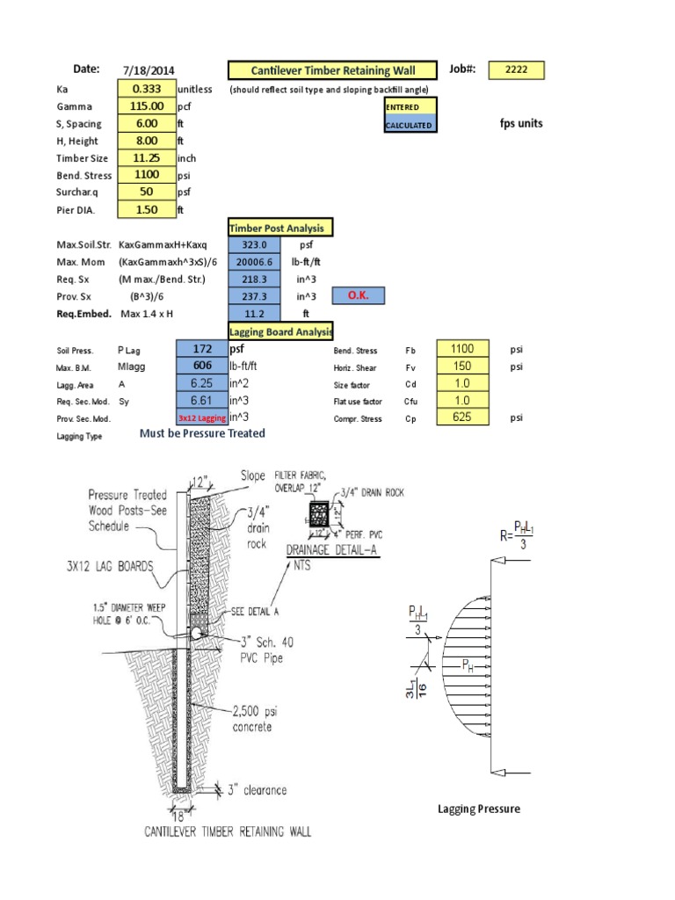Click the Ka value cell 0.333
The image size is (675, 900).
[146, 89]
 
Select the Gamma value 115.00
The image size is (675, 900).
[146, 106]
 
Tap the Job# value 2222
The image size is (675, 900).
[518, 70]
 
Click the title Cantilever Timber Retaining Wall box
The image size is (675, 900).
[333, 71]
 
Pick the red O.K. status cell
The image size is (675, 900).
[358, 296]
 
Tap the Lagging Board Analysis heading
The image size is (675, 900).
[281, 331]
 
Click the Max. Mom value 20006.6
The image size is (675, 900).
[255, 262]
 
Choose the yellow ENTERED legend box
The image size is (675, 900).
[409, 107]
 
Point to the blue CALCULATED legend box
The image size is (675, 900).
[409, 126]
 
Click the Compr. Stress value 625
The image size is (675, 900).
[462, 417]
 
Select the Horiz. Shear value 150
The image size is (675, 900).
[462, 366]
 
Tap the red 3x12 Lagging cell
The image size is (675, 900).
[202, 418]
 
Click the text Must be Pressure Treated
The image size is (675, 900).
[202, 433]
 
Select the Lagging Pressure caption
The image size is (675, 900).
[479, 809]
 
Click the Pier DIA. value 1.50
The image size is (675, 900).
[146, 210]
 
